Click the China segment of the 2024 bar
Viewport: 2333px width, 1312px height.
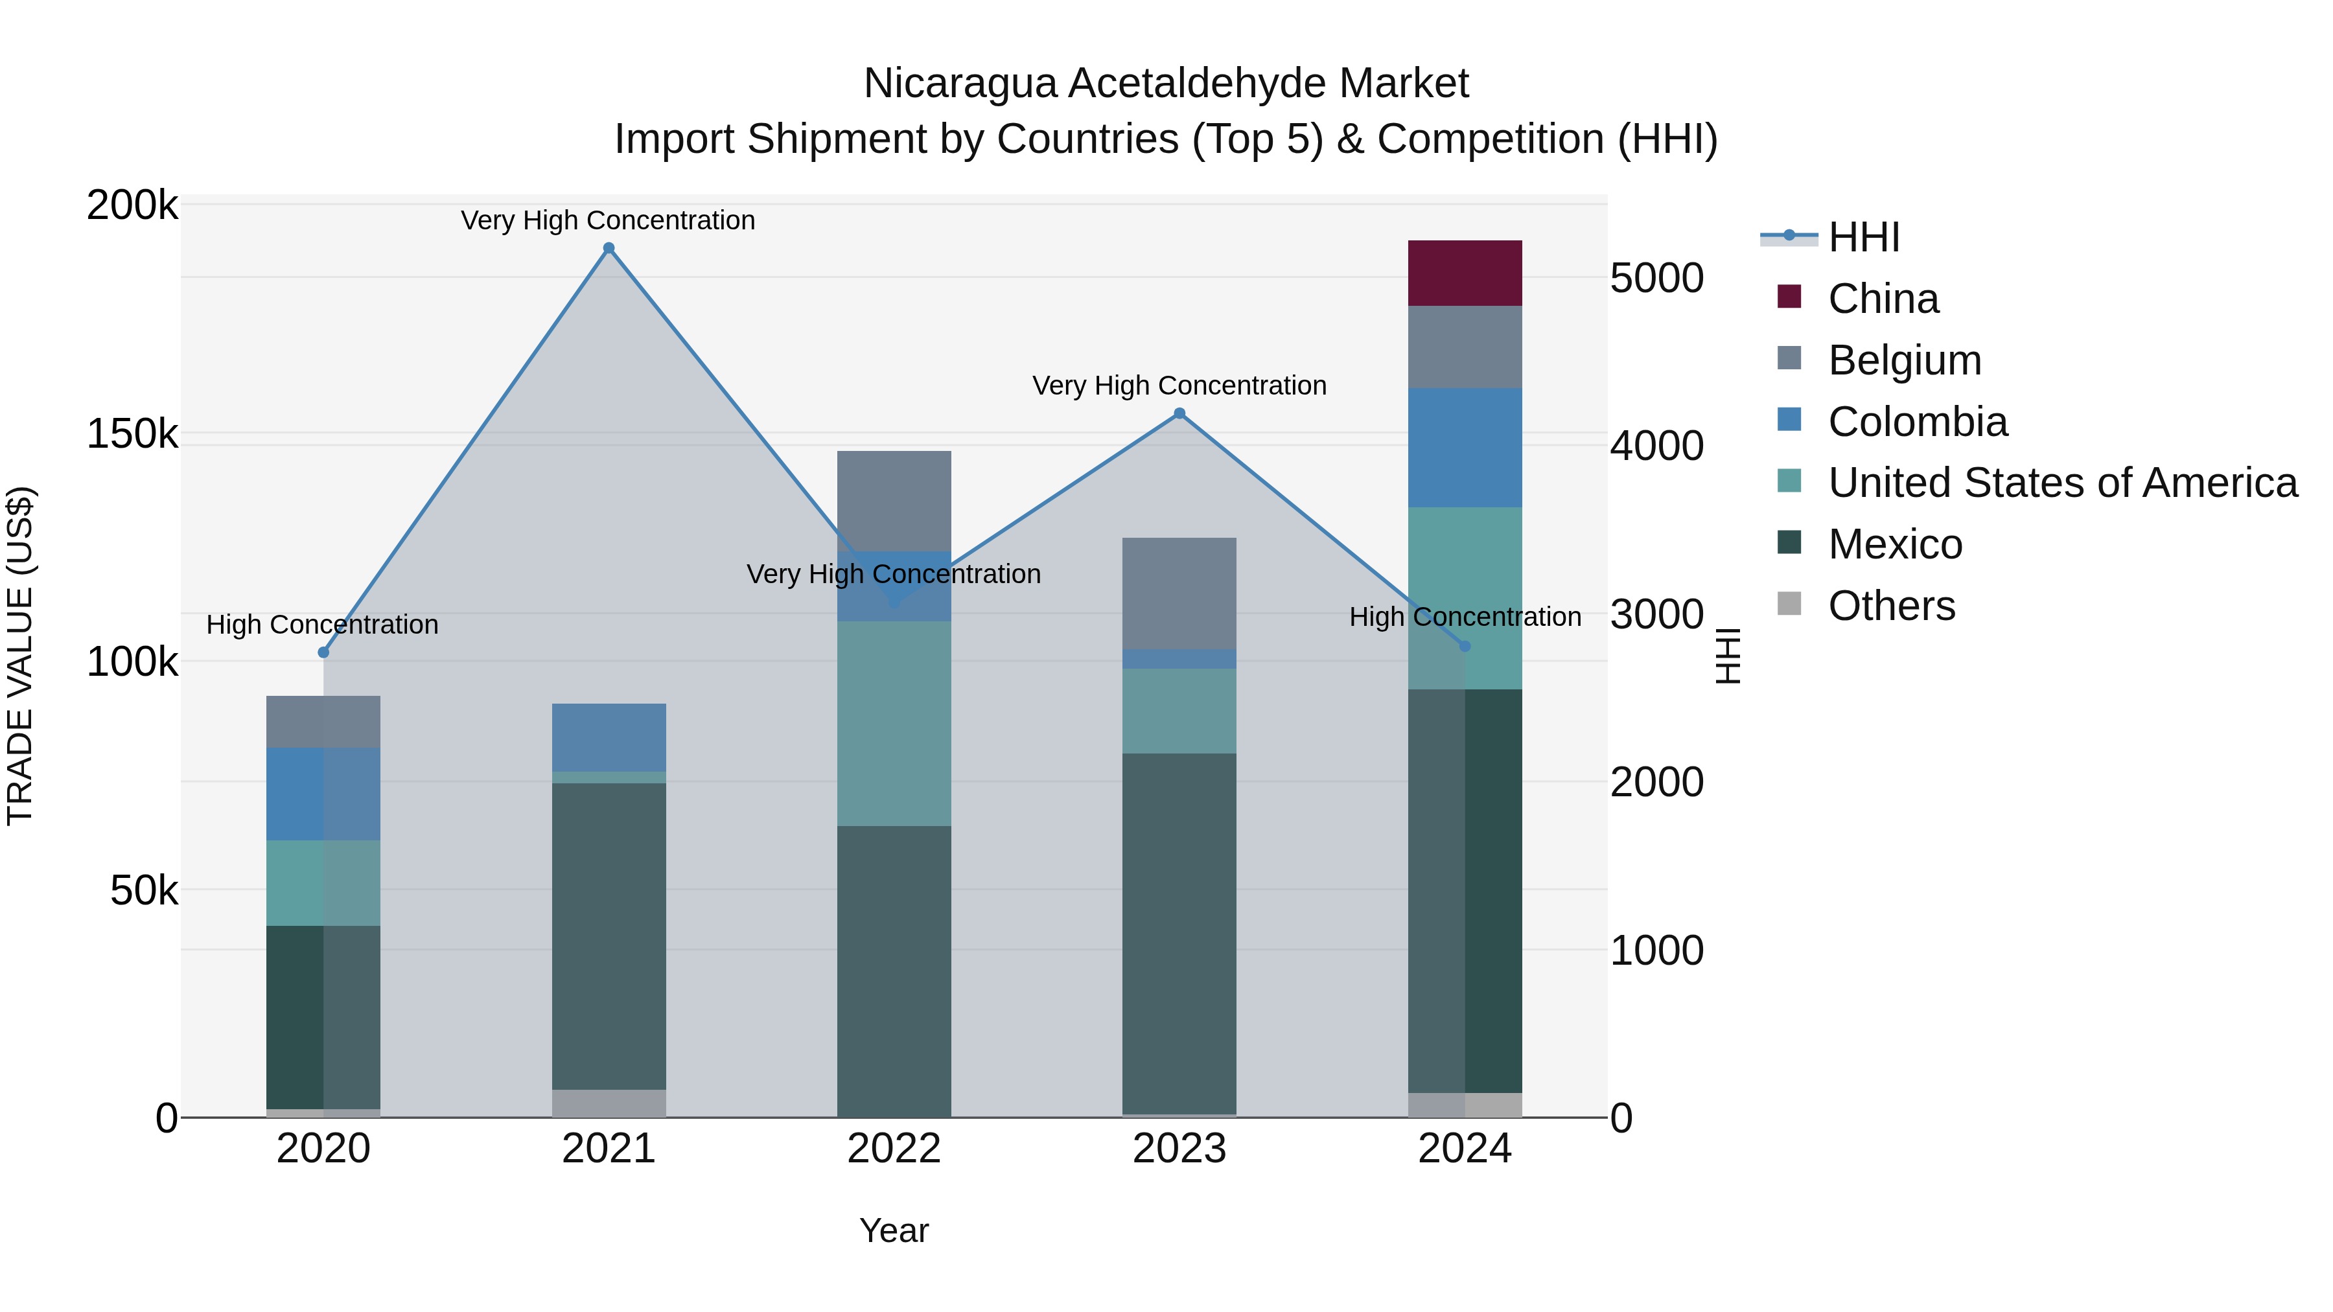1465,273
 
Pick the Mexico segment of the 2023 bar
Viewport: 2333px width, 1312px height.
1179,932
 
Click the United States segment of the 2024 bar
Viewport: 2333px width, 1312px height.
1465,597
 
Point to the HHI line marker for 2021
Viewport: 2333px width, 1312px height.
609,248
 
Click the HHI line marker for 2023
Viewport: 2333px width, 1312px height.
1179,414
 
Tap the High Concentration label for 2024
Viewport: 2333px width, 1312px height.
1465,617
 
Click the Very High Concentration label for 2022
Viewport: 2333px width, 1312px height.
893,574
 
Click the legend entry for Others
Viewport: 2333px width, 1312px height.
1890,606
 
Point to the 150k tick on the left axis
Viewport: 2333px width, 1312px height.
132,433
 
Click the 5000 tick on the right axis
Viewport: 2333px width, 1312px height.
1656,278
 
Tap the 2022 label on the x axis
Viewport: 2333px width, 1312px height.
894,1149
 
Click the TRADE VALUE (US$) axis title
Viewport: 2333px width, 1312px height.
20,656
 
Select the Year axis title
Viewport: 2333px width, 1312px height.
894,1230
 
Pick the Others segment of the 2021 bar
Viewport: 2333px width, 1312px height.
609,1103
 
